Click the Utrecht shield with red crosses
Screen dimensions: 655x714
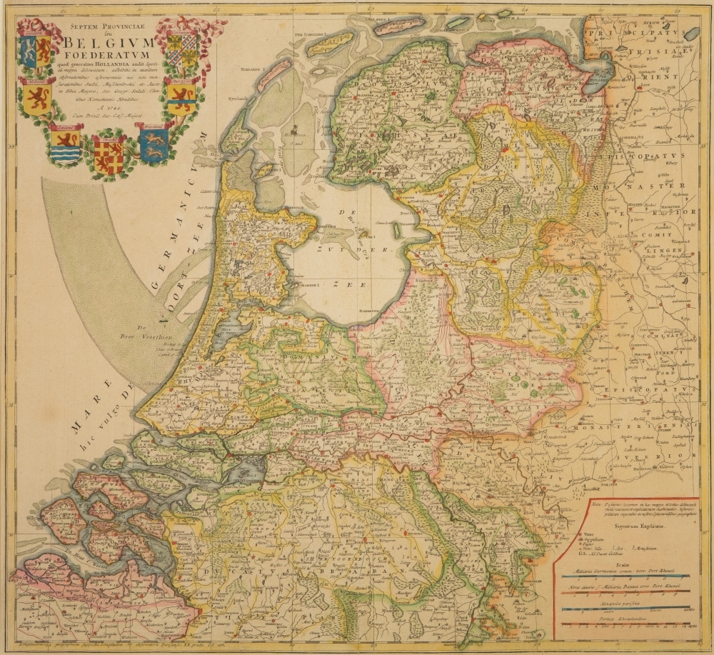pyautogui.click(x=109, y=155)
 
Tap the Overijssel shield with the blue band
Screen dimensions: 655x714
pyautogui.click(x=181, y=98)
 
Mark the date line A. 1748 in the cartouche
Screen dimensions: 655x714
pyautogui.click(x=107, y=106)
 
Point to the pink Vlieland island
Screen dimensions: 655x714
pyautogui.click(x=274, y=74)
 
